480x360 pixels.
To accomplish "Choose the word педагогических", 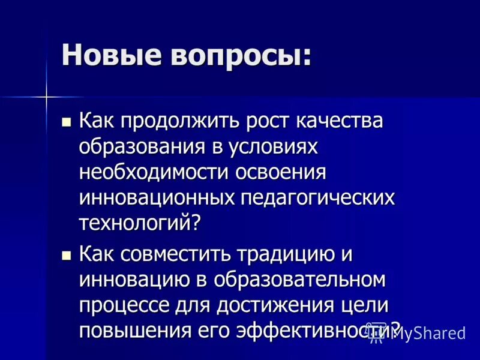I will (x=318, y=199).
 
